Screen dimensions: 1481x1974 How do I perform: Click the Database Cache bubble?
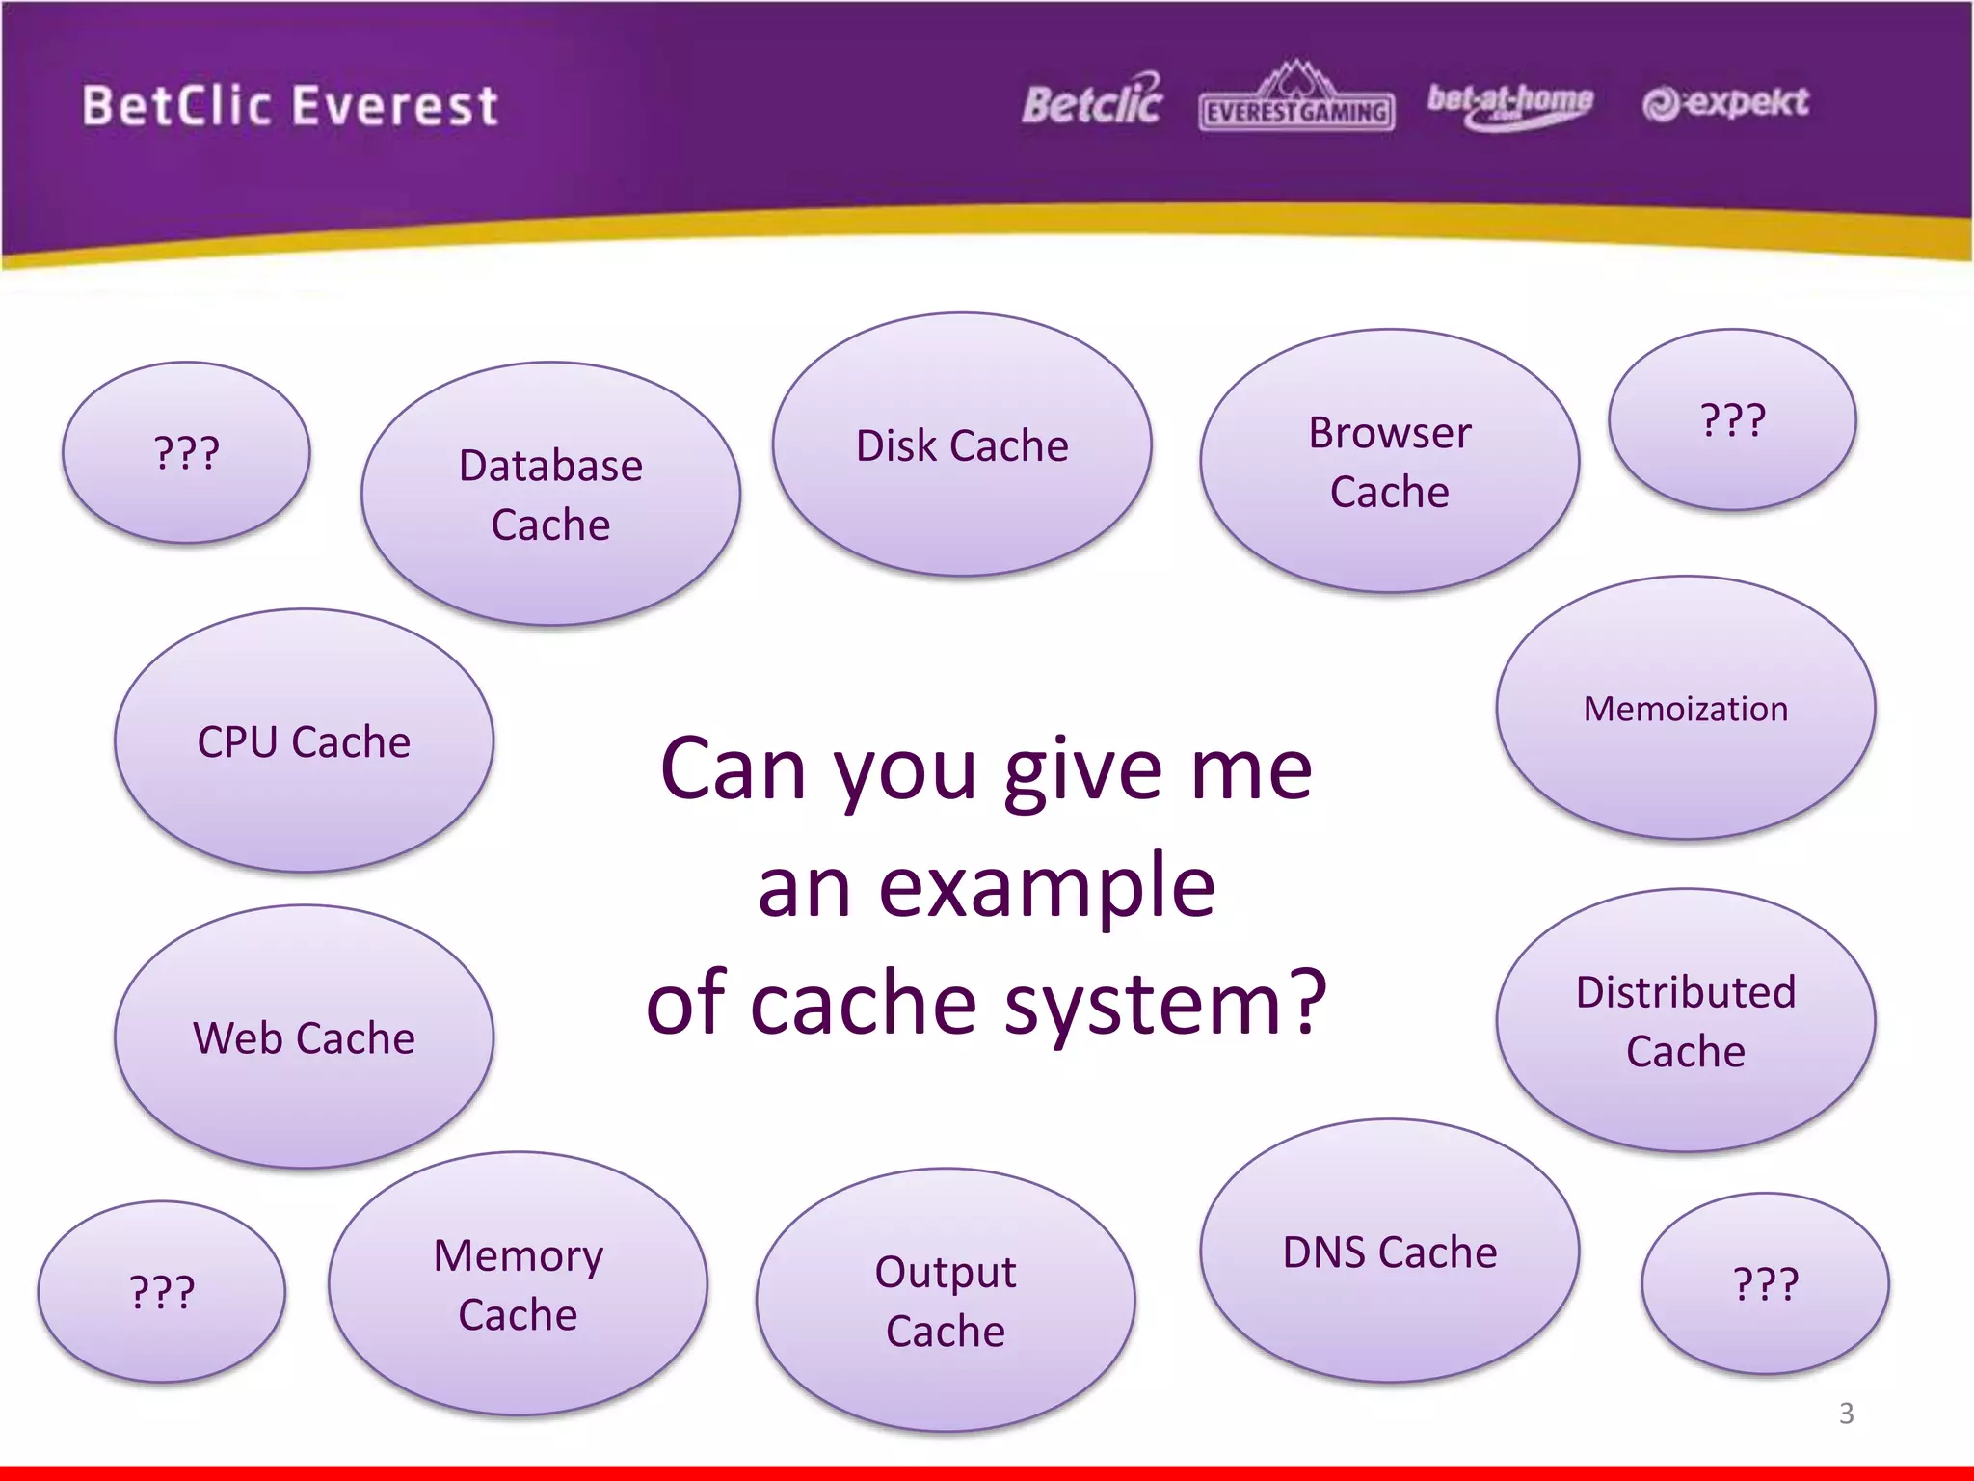click(550, 494)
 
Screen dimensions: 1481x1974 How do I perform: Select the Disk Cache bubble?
click(961, 444)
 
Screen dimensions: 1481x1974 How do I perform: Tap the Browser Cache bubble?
click(1389, 461)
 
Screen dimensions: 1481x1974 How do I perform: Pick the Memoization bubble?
click(1685, 709)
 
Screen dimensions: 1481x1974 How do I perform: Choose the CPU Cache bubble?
click(304, 741)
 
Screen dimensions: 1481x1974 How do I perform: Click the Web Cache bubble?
click(304, 1037)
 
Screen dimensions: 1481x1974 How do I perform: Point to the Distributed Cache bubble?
click(1685, 1021)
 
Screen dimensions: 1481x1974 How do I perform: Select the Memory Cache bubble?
click(518, 1284)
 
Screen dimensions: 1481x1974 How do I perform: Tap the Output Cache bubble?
click(945, 1301)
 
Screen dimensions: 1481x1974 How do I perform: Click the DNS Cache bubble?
click(1389, 1252)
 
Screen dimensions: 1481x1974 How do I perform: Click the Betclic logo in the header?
click(1092, 101)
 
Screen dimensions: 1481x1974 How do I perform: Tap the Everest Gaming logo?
click(1296, 100)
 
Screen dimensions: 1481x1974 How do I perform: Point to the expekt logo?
click(1725, 102)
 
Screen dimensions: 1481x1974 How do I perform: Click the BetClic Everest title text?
click(290, 105)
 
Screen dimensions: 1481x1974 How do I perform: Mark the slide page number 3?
click(1846, 1414)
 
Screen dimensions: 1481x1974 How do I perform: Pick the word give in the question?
click(1083, 771)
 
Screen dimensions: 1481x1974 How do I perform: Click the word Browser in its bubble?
click(1389, 433)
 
